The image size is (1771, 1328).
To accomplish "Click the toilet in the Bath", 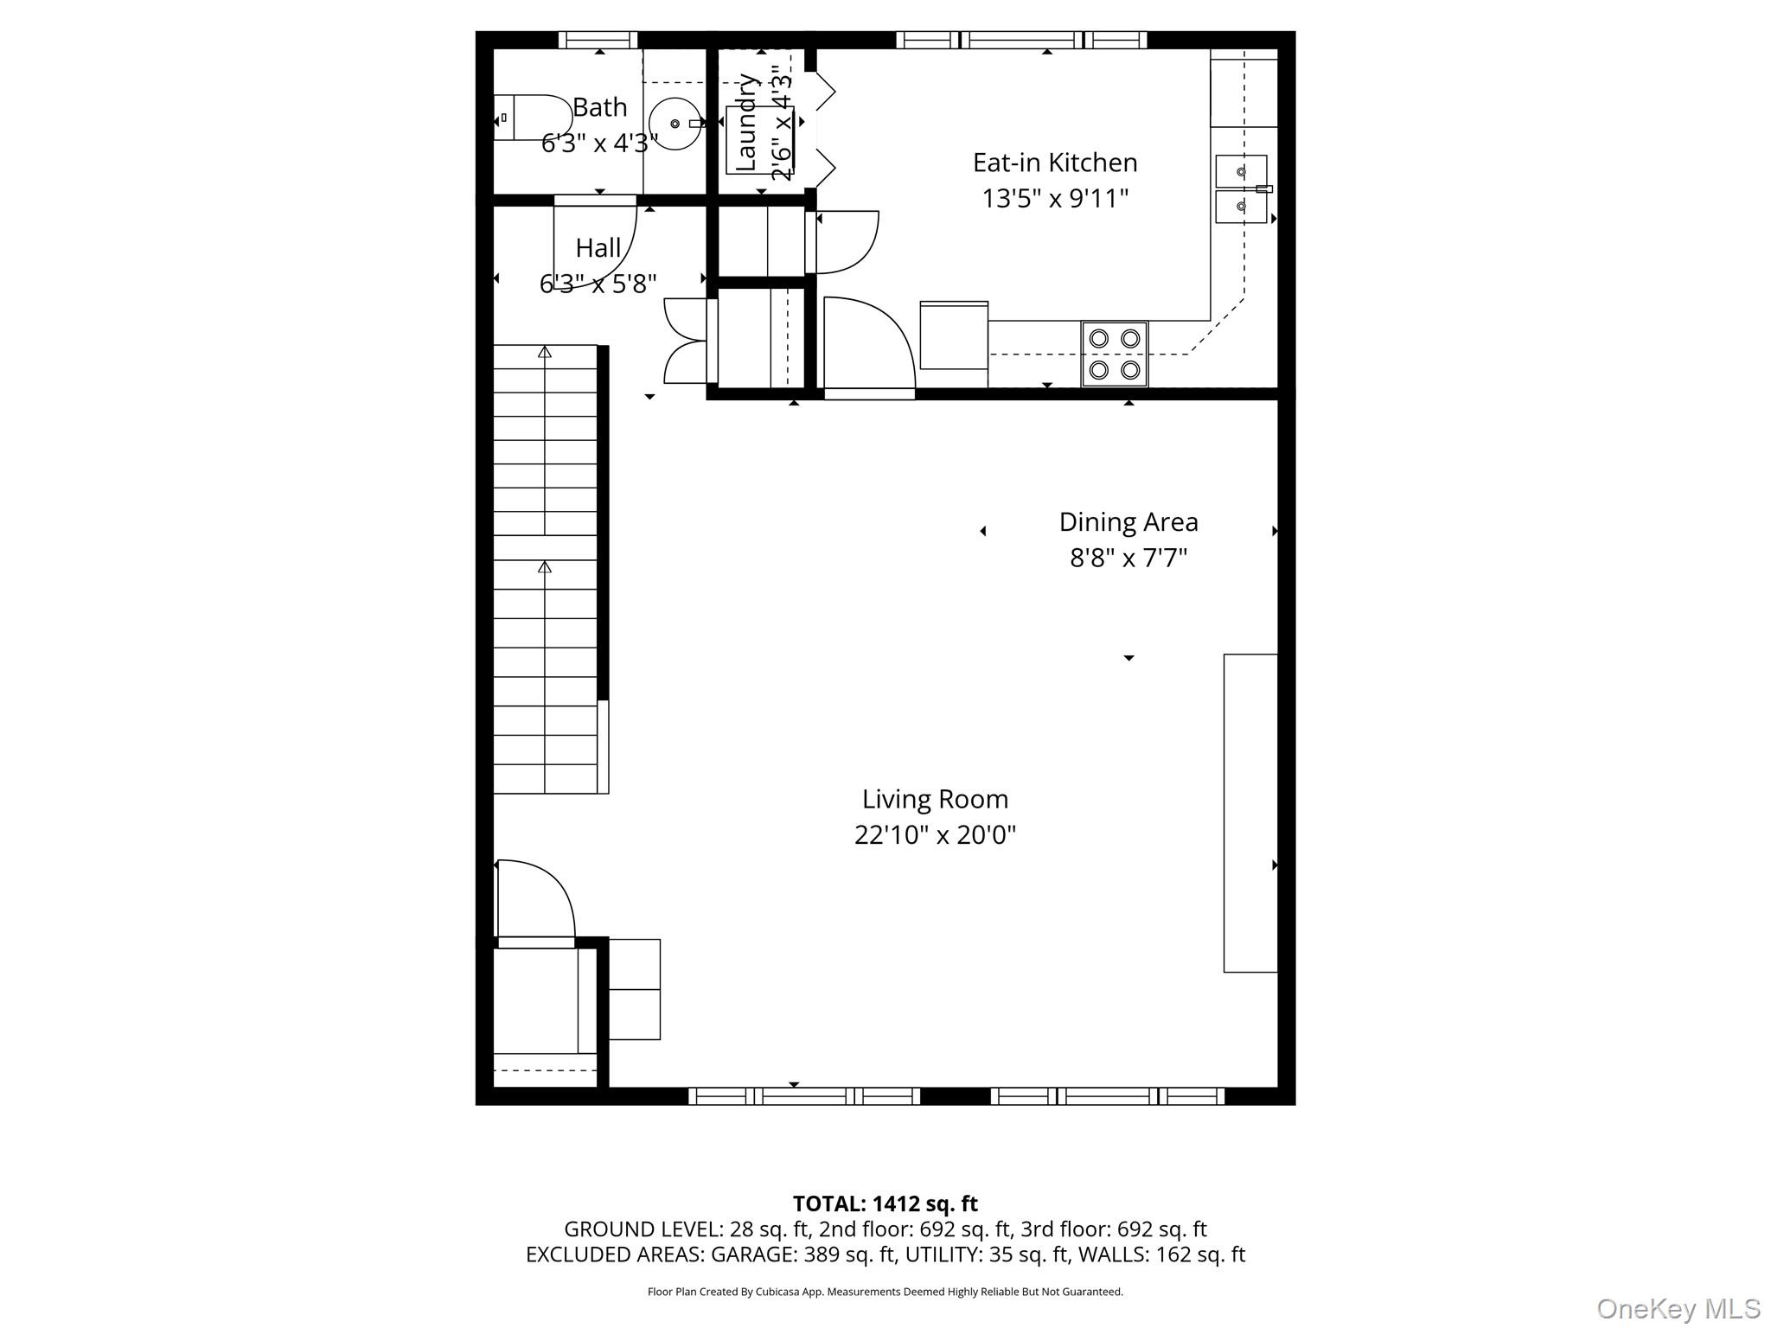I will pyautogui.click(x=534, y=118).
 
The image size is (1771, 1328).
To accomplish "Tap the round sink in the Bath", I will pyautogui.click(x=675, y=124).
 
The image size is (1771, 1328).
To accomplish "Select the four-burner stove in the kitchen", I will pyautogui.click(x=1115, y=354).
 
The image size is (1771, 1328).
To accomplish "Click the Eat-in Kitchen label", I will pyautogui.click(x=1055, y=163).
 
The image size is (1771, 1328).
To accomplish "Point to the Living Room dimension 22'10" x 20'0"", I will pyautogui.click(x=935, y=835).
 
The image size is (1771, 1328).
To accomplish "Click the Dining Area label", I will pyautogui.click(x=1128, y=522).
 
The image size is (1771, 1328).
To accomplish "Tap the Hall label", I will pyautogui.click(x=598, y=248).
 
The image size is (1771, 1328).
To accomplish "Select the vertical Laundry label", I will pyautogui.click(x=746, y=122).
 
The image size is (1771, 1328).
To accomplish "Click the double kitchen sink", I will pyautogui.click(x=1241, y=189).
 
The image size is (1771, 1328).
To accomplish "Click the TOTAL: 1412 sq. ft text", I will pyautogui.click(x=885, y=1203).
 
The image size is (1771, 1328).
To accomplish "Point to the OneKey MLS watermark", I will pyautogui.click(x=1678, y=1309).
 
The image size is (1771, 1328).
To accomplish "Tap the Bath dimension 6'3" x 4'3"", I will pyautogui.click(x=599, y=143).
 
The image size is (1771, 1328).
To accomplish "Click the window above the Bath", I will pyautogui.click(x=598, y=40).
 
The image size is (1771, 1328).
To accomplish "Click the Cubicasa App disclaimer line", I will pyautogui.click(x=885, y=1292).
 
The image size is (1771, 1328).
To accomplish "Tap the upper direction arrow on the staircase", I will pyautogui.click(x=545, y=352).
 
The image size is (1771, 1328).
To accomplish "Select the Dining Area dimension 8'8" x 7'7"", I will pyautogui.click(x=1128, y=559).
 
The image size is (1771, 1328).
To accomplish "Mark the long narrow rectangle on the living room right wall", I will pyautogui.click(x=1250, y=813).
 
